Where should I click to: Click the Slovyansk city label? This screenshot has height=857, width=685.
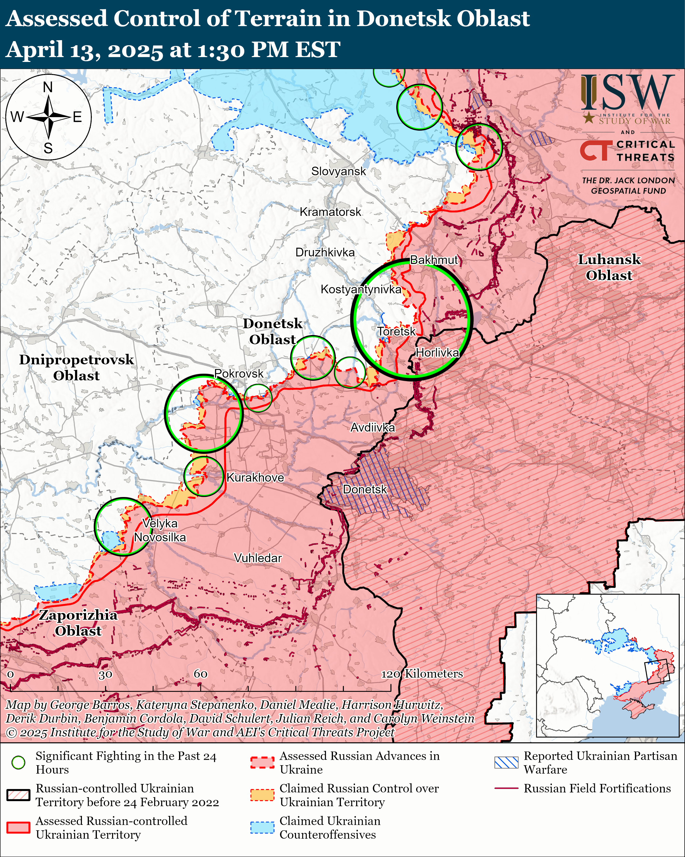point(338,171)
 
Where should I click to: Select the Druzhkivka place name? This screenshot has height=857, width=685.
point(325,253)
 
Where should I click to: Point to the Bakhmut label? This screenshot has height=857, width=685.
point(434,260)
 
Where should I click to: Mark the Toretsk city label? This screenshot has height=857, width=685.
point(396,332)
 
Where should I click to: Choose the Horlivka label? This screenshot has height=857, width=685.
point(437,353)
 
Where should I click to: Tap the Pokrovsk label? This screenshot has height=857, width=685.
point(239,374)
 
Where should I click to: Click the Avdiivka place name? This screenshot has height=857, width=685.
point(373,428)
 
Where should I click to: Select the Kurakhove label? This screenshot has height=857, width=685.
point(255,477)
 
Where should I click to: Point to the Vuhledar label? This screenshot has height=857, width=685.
point(258,558)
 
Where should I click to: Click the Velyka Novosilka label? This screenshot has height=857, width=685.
point(160,530)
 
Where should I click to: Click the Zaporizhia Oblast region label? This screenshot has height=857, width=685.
point(78,623)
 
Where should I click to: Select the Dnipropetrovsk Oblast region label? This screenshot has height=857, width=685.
point(76,368)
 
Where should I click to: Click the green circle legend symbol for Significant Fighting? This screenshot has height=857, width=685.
point(18,762)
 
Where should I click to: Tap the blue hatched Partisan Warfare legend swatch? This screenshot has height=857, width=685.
point(506,762)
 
